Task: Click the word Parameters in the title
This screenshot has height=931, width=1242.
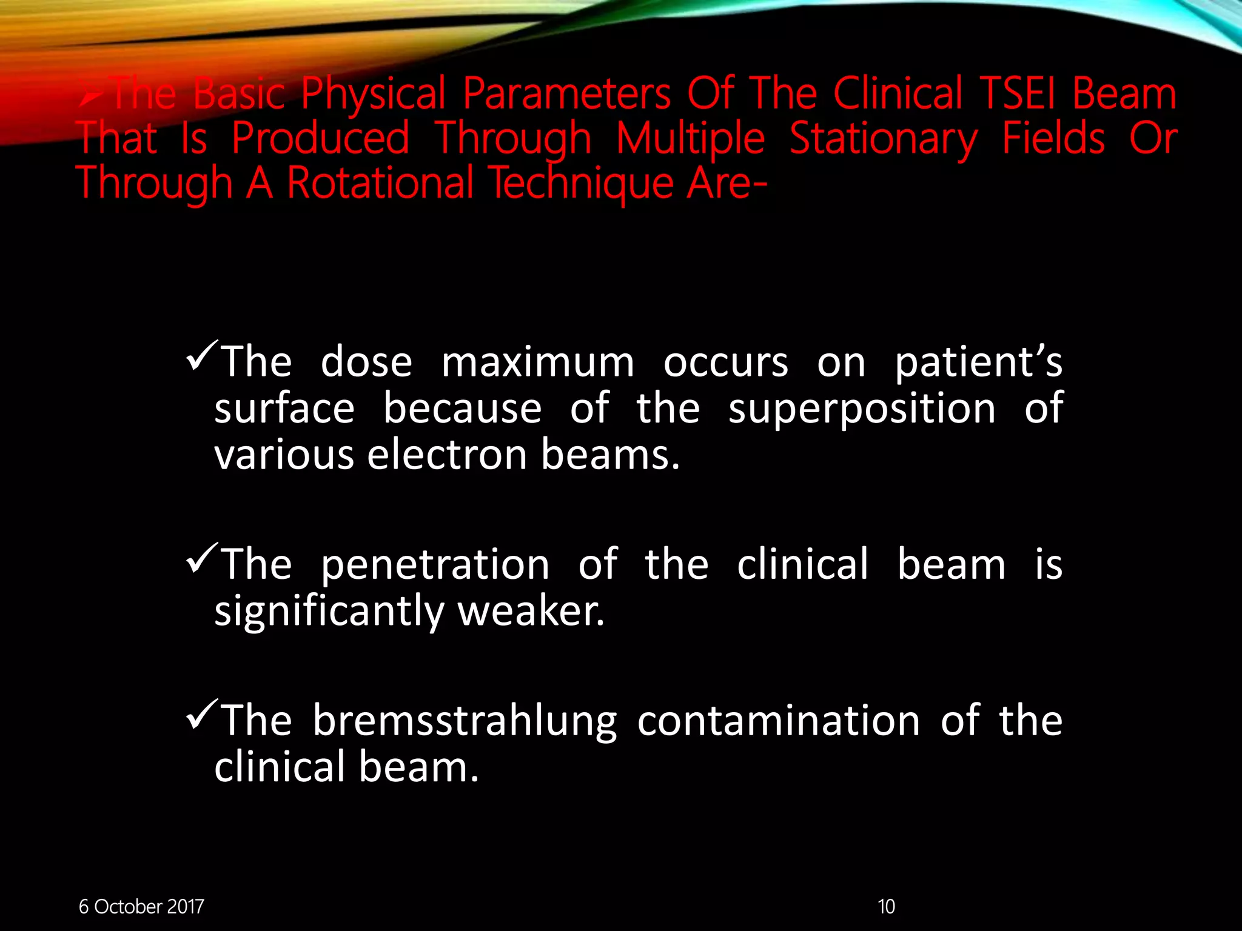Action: [x=566, y=95]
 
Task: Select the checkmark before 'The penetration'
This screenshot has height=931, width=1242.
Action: [x=203, y=559]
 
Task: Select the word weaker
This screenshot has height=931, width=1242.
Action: [x=531, y=611]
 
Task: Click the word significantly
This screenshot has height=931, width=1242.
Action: [x=329, y=612]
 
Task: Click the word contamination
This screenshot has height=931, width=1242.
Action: [x=778, y=721]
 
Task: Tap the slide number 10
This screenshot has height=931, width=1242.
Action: [x=886, y=907]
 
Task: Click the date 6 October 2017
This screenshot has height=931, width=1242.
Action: [x=141, y=907]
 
